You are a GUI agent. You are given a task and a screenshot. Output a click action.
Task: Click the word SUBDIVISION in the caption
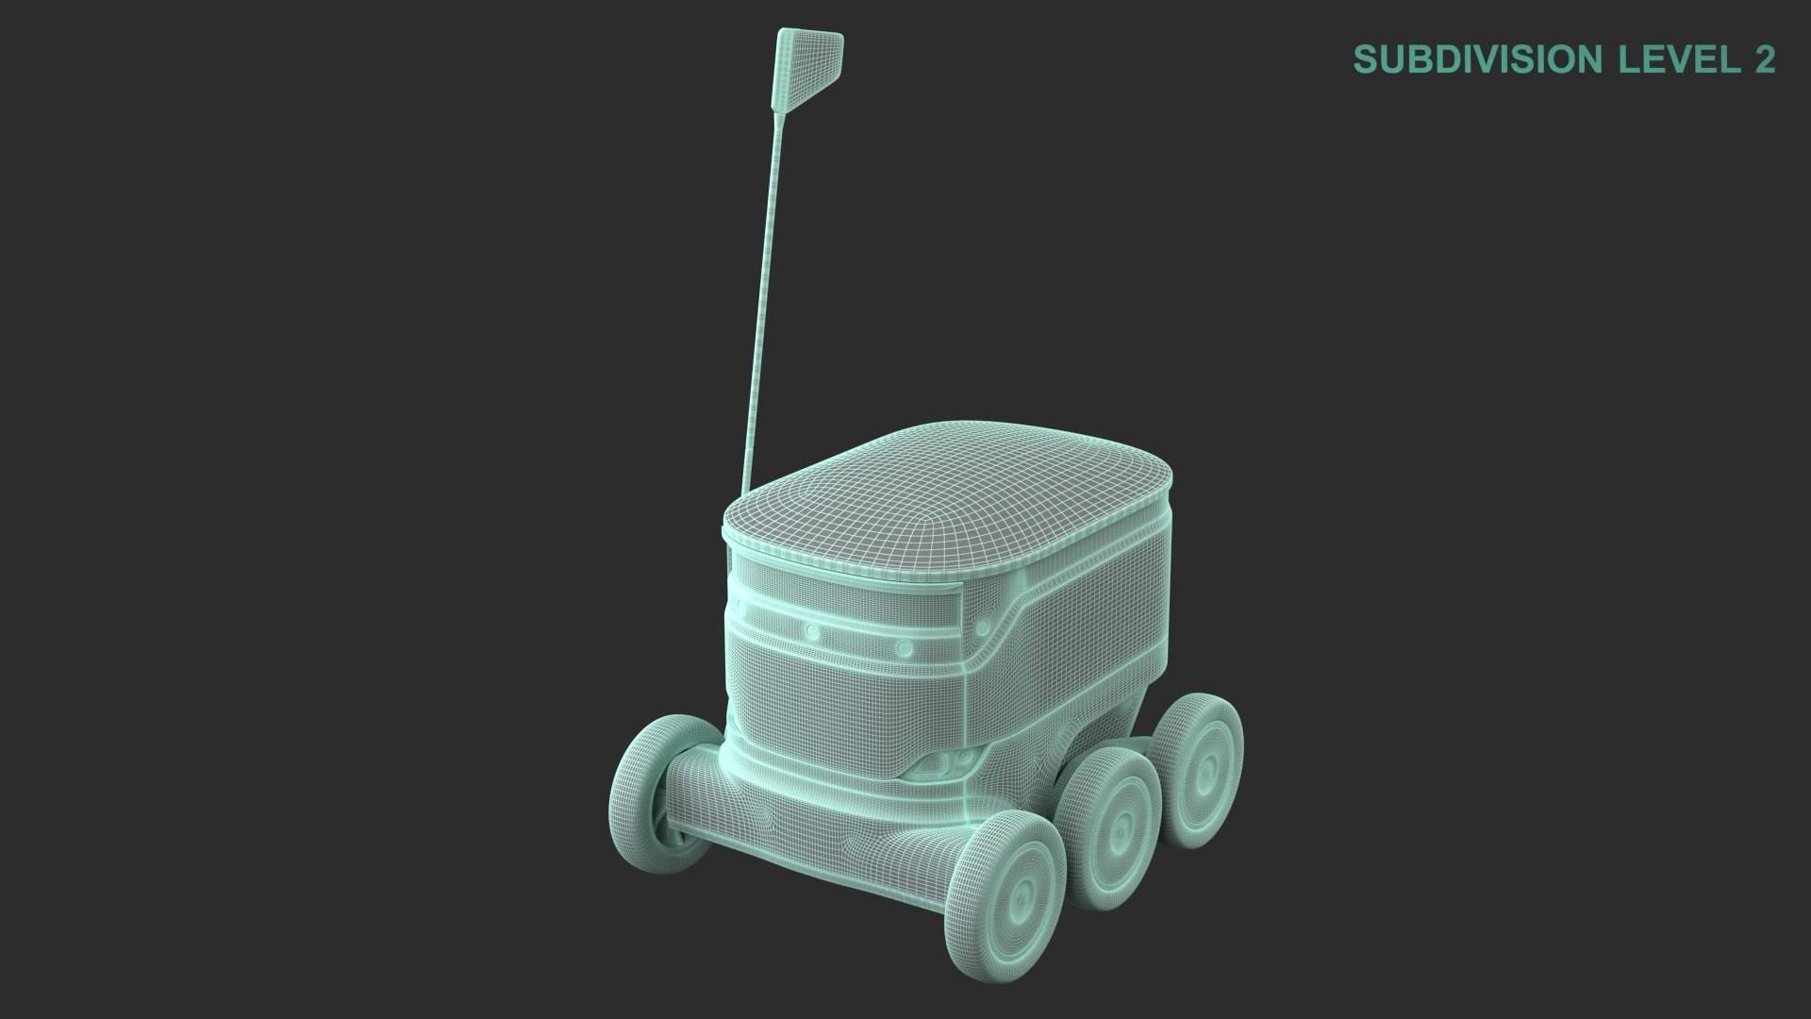click(1480, 59)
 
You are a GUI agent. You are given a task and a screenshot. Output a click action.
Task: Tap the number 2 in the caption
click(1764, 59)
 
